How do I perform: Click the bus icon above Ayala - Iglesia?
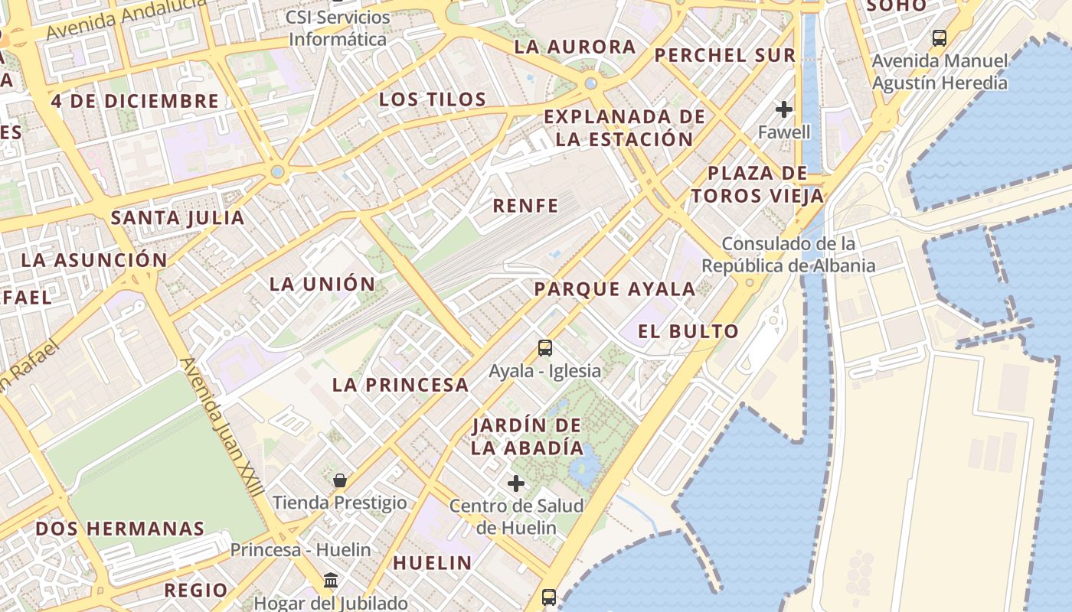[545, 348]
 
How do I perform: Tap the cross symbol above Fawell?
[784, 109]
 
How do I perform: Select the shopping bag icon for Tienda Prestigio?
[340, 480]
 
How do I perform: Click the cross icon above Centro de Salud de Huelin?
[516, 483]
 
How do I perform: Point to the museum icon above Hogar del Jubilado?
[331, 581]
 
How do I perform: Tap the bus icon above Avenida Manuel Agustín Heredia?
[940, 37]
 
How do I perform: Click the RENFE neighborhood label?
[525, 205]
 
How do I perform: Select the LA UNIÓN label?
[322, 285]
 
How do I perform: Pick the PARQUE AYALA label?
[615, 289]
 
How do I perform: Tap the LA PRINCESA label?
[400, 385]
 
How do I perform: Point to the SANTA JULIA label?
[178, 218]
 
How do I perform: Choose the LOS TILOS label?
[433, 99]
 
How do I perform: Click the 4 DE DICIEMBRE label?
[135, 101]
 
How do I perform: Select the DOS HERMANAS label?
[120, 529]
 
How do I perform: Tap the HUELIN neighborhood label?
[433, 563]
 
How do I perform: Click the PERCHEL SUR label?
[725, 55]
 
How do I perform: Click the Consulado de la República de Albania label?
[789, 255]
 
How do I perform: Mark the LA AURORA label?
[575, 47]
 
